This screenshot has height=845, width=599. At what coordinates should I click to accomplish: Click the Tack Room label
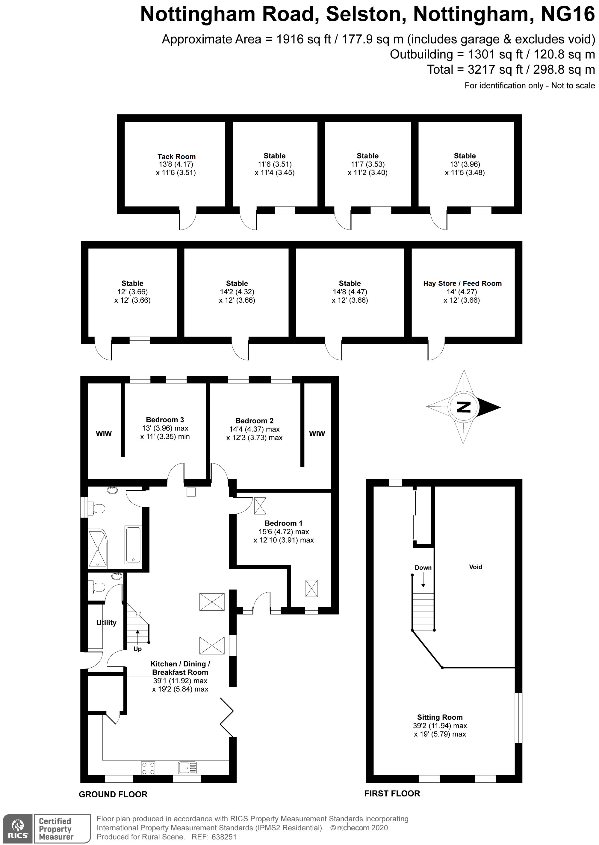[176, 156]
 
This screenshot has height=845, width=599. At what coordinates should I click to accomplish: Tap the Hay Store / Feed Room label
[462, 283]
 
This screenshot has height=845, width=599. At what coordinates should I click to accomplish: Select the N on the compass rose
[464, 407]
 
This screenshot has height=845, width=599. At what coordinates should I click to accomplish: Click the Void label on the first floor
[475, 567]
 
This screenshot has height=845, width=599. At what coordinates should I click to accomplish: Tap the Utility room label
[106, 623]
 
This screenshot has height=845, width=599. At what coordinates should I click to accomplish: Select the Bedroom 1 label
[283, 523]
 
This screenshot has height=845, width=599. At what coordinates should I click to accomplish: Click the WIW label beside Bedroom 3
[104, 434]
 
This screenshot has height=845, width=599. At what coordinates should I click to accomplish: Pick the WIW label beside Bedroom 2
[317, 434]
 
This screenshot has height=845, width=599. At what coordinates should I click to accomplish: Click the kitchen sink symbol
[187, 768]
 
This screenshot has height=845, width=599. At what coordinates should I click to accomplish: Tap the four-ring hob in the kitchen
[148, 768]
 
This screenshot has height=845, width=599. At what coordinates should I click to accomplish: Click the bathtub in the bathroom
[133, 545]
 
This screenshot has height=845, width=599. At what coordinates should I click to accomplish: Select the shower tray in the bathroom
[97, 548]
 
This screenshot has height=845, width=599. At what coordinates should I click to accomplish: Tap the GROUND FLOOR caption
[113, 794]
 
